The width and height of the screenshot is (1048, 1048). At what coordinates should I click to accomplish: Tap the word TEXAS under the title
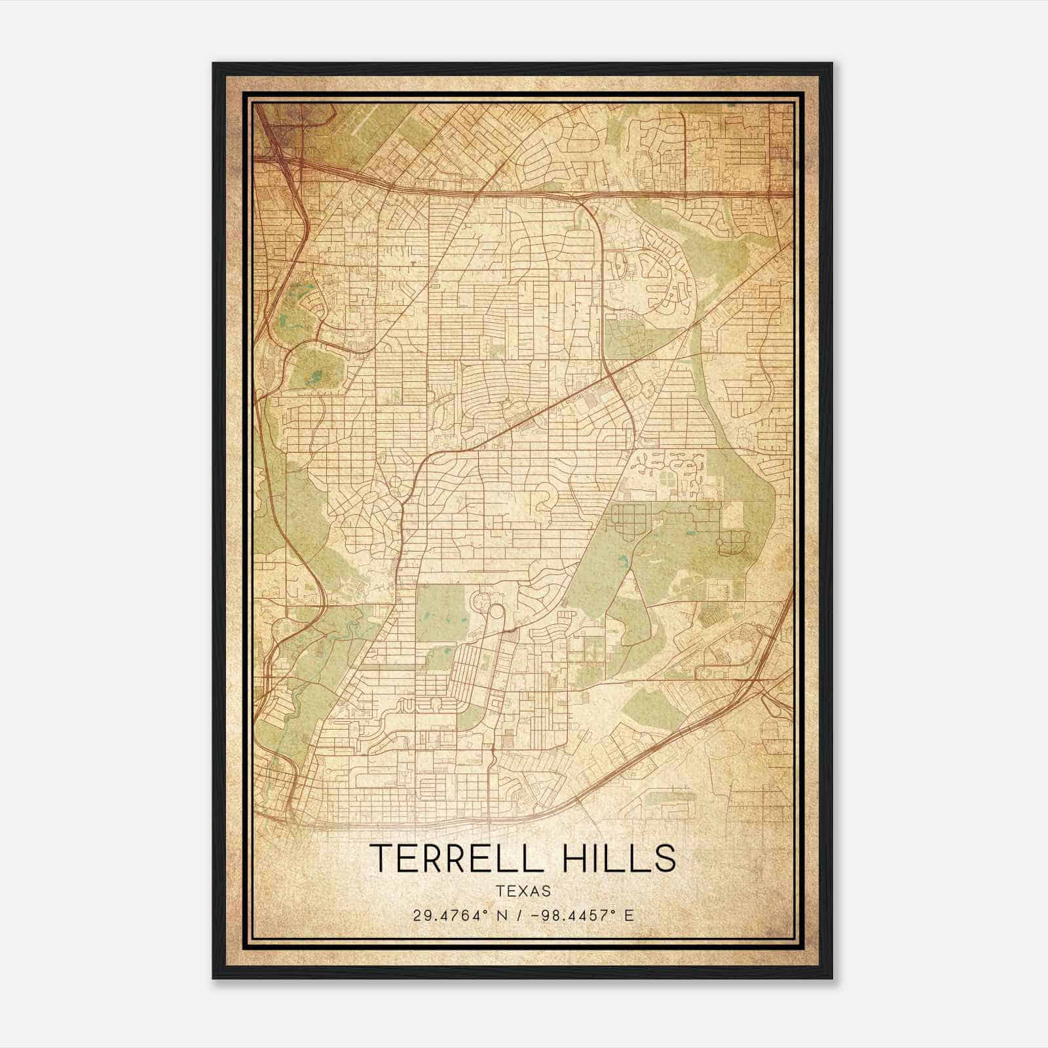523,891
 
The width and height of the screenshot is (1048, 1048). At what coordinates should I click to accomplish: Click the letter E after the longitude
629,916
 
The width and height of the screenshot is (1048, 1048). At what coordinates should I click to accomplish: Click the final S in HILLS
665,858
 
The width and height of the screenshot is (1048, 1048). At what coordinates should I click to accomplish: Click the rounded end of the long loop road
496,612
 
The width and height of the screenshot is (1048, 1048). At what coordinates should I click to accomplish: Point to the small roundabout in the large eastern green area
720,542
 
